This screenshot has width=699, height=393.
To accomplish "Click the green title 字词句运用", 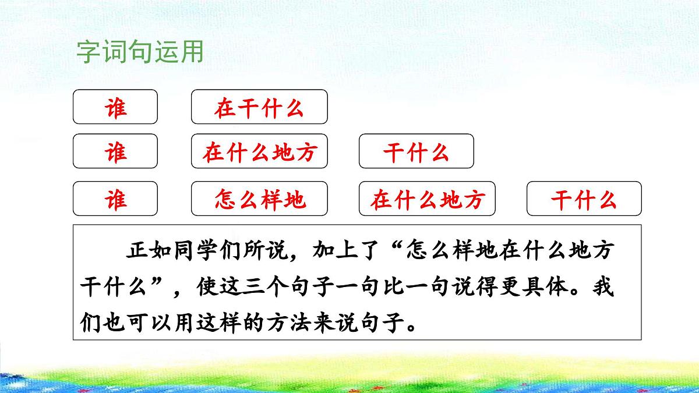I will pyautogui.click(x=140, y=52).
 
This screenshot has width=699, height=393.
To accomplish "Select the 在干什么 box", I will pyautogui.click(x=259, y=107).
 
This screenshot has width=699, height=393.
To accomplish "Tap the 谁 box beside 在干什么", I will pyautogui.click(x=115, y=107).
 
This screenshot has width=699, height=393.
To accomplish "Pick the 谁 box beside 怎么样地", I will pyautogui.click(x=115, y=199).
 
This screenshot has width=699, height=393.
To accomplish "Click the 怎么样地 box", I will pyautogui.click(x=259, y=199).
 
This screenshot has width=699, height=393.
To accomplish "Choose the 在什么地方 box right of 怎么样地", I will pyautogui.click(x=428, y=199).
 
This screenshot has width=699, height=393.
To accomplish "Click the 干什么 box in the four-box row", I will pyautogui.click(x=584, y=199).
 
